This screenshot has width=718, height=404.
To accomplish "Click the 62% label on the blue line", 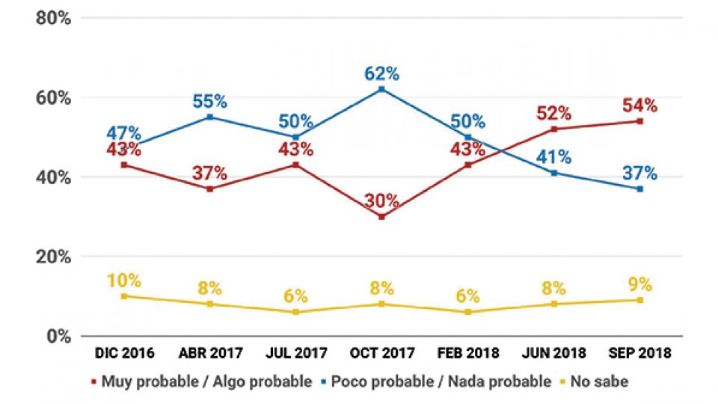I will tap(381, 74).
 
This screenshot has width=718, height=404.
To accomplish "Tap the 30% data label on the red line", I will tap(381, 201).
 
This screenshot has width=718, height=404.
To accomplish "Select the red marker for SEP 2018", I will tap(640, 121).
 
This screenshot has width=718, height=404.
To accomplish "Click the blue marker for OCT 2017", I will tap(381, 89).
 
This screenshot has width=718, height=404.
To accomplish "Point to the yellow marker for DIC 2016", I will tap(123, 296).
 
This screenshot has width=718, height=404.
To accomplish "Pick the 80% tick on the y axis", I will tap(53, 19).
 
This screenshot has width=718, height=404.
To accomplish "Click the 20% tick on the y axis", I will tap(53, 257).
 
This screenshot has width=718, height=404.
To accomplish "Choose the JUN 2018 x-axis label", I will tap(553, 352).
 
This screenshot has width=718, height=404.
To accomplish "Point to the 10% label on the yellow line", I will tap(123, 281).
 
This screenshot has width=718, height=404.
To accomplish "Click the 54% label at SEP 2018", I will tap(640, 105).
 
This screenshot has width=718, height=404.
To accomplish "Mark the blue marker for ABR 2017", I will tap(209, 117).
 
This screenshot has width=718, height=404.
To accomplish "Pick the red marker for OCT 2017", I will tap(381, 217).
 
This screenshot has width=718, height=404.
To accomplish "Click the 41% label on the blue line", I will tap(554, 158).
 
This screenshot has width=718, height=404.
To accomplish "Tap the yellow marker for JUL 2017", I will tap(295, 312).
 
